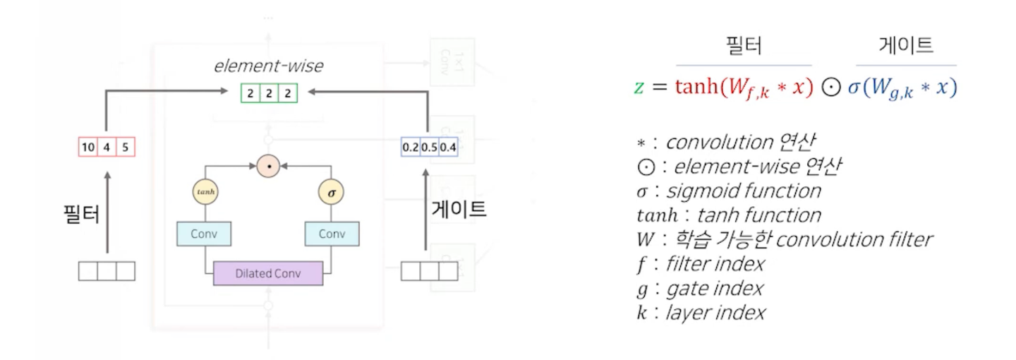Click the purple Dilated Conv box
(268, 273)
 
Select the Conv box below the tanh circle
(205, 234)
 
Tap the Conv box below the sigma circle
(332, 234)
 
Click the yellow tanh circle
(205, 191)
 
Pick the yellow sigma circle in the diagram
(332, 191)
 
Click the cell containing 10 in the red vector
(87, 148)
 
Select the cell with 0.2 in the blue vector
(410, 148)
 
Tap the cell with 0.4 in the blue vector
(448, 148)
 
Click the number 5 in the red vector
(125, 148)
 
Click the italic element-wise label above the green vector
(268, 66)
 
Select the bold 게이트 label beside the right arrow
(459, 210)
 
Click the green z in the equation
(639, 88)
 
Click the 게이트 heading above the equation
(906, 47)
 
